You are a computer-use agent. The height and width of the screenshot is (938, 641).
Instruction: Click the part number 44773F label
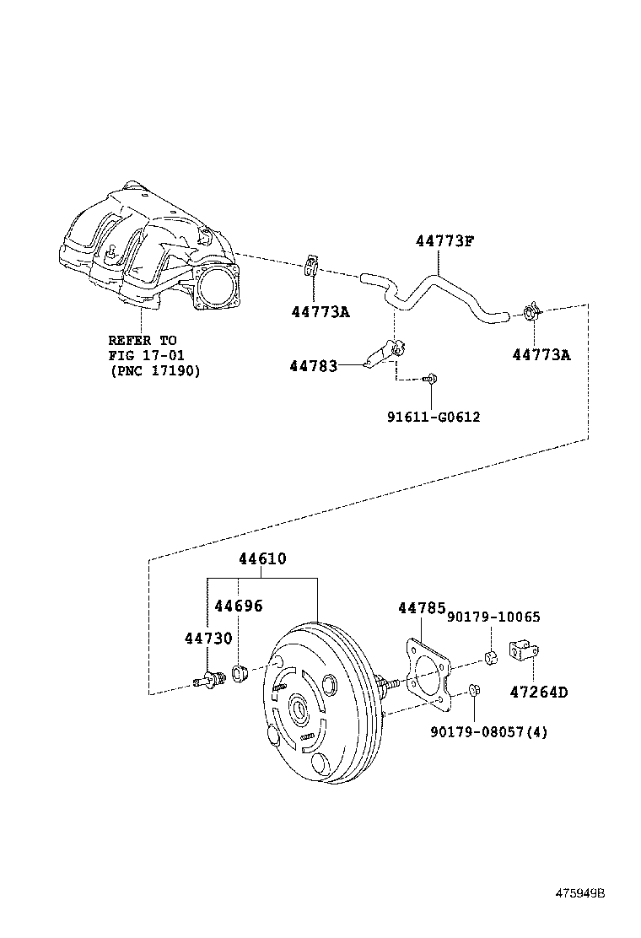tap(444, 241)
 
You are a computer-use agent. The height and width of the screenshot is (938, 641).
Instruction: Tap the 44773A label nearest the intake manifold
tap(320, 312)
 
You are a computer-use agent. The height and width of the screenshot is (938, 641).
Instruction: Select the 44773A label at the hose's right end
tap(541, 355)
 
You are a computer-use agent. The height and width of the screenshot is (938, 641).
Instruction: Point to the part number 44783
tap(313, 366)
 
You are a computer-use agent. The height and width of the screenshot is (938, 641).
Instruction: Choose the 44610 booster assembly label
tap(261, 558)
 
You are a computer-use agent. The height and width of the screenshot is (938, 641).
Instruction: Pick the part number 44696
tap(238, 606)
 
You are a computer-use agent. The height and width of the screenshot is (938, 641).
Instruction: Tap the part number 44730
tap(208, 638)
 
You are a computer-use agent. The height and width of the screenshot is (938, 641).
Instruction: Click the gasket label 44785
tap(421, 607)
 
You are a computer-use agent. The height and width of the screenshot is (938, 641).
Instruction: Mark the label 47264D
tap(538, 693)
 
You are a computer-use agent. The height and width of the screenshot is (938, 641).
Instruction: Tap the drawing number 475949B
tap(579, 892)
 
